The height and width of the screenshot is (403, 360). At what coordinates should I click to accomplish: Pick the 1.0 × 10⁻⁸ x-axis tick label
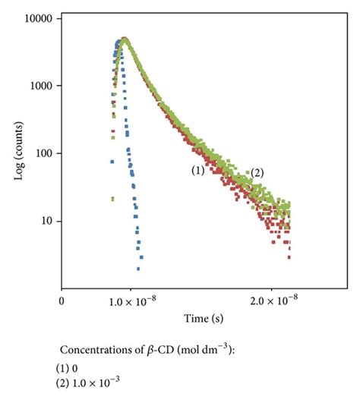point(131,301)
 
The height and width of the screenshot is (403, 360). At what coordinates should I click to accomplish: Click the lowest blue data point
point(138,269)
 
